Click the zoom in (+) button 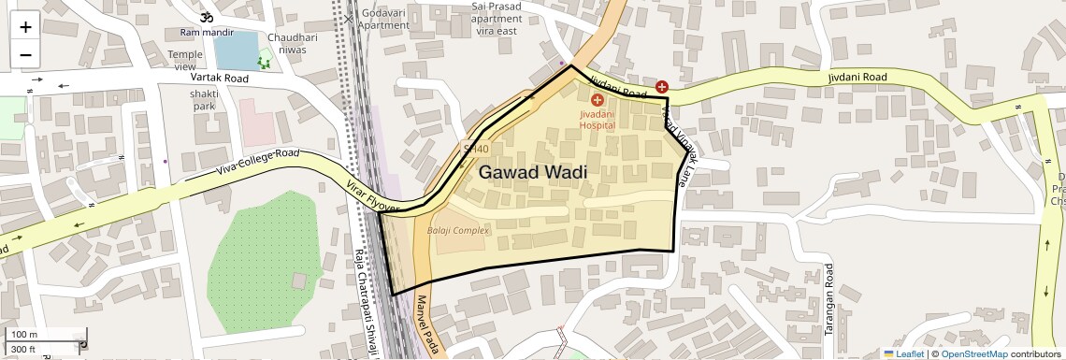tap(25, 27)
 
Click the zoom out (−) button tap(25, 54)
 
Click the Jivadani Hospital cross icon tap(598, 99)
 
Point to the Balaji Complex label tap(458, 231)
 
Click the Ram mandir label tap(207, 33)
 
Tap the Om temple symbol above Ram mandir tap(206, 17)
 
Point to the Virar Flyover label tap(374, 194)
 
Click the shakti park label tap(204, 100)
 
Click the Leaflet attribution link tap(903, 353)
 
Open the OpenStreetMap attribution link tap(973, 353)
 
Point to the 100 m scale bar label tap(24, 335)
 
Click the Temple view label tap(185, 61)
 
